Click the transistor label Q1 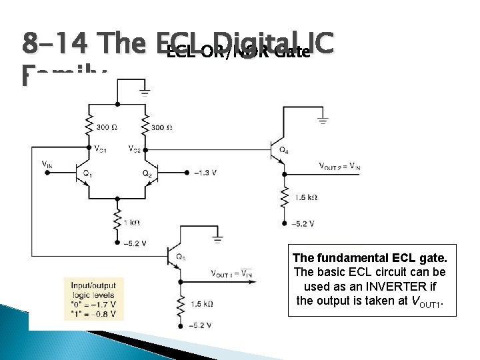pos(87,173)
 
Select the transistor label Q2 pos(147,173)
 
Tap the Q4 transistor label pos(284,150)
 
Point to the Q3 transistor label pos(180,257)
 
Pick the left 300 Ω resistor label pos(107,127)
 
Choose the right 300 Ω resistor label pos(162,127)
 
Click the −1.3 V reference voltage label pos(205,173)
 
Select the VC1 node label pos(101,149)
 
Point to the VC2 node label pos(134,149)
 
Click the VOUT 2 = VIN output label pos(339,166)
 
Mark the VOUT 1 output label pos(231,273)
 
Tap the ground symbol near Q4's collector pos(322,120)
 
